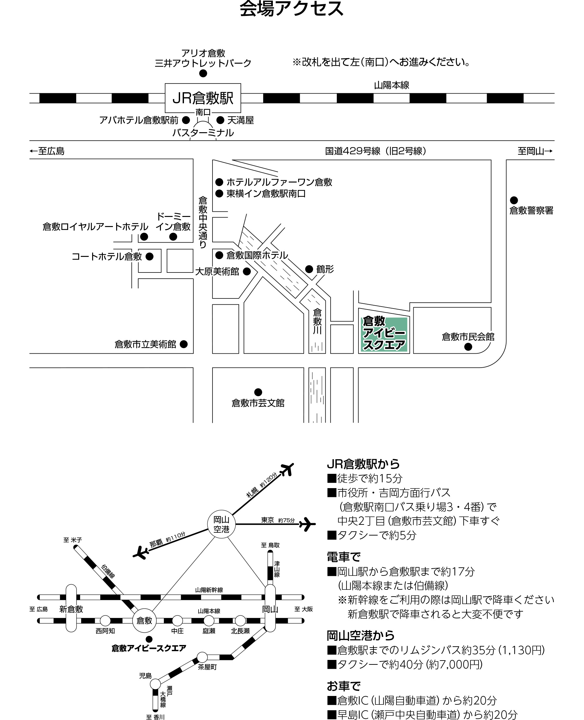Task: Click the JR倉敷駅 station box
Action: tap(203, 98)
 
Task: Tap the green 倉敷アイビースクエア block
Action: tap(384, 334)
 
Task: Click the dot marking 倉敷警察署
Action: tap(514, 200)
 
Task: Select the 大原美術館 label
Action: tap(217, 272)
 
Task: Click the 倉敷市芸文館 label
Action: tap(258, 403)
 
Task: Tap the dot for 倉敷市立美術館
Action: tap(184, 344)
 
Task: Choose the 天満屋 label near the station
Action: tap(240, 120)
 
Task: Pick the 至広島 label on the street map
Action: tap(47, 151)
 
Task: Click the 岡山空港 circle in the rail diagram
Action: tap(221, 524)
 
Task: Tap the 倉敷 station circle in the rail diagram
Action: tap(144, 620)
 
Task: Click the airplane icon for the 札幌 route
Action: tap(287, 470)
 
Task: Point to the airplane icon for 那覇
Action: tap(141, 553)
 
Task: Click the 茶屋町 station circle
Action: tap(202, 657)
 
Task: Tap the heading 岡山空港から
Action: tap(361, 636)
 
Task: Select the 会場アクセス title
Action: tap(292, 9)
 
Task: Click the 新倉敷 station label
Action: tap(71, 609)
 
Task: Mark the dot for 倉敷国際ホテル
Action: tap(219, 255)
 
